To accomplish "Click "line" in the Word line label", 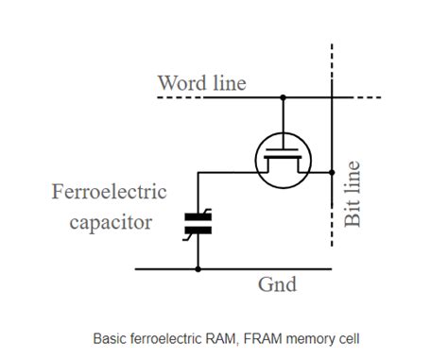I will pyautogui.click(x=227, y=83).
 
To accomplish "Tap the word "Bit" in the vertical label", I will pyautogui.click(x=353, y=212).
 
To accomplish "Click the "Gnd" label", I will pyautogui.click(x=277, y=284).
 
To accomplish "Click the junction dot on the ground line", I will pyautogui.click(x=198, y=269).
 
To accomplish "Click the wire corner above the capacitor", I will pyautogui.click(x=198, y=173).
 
